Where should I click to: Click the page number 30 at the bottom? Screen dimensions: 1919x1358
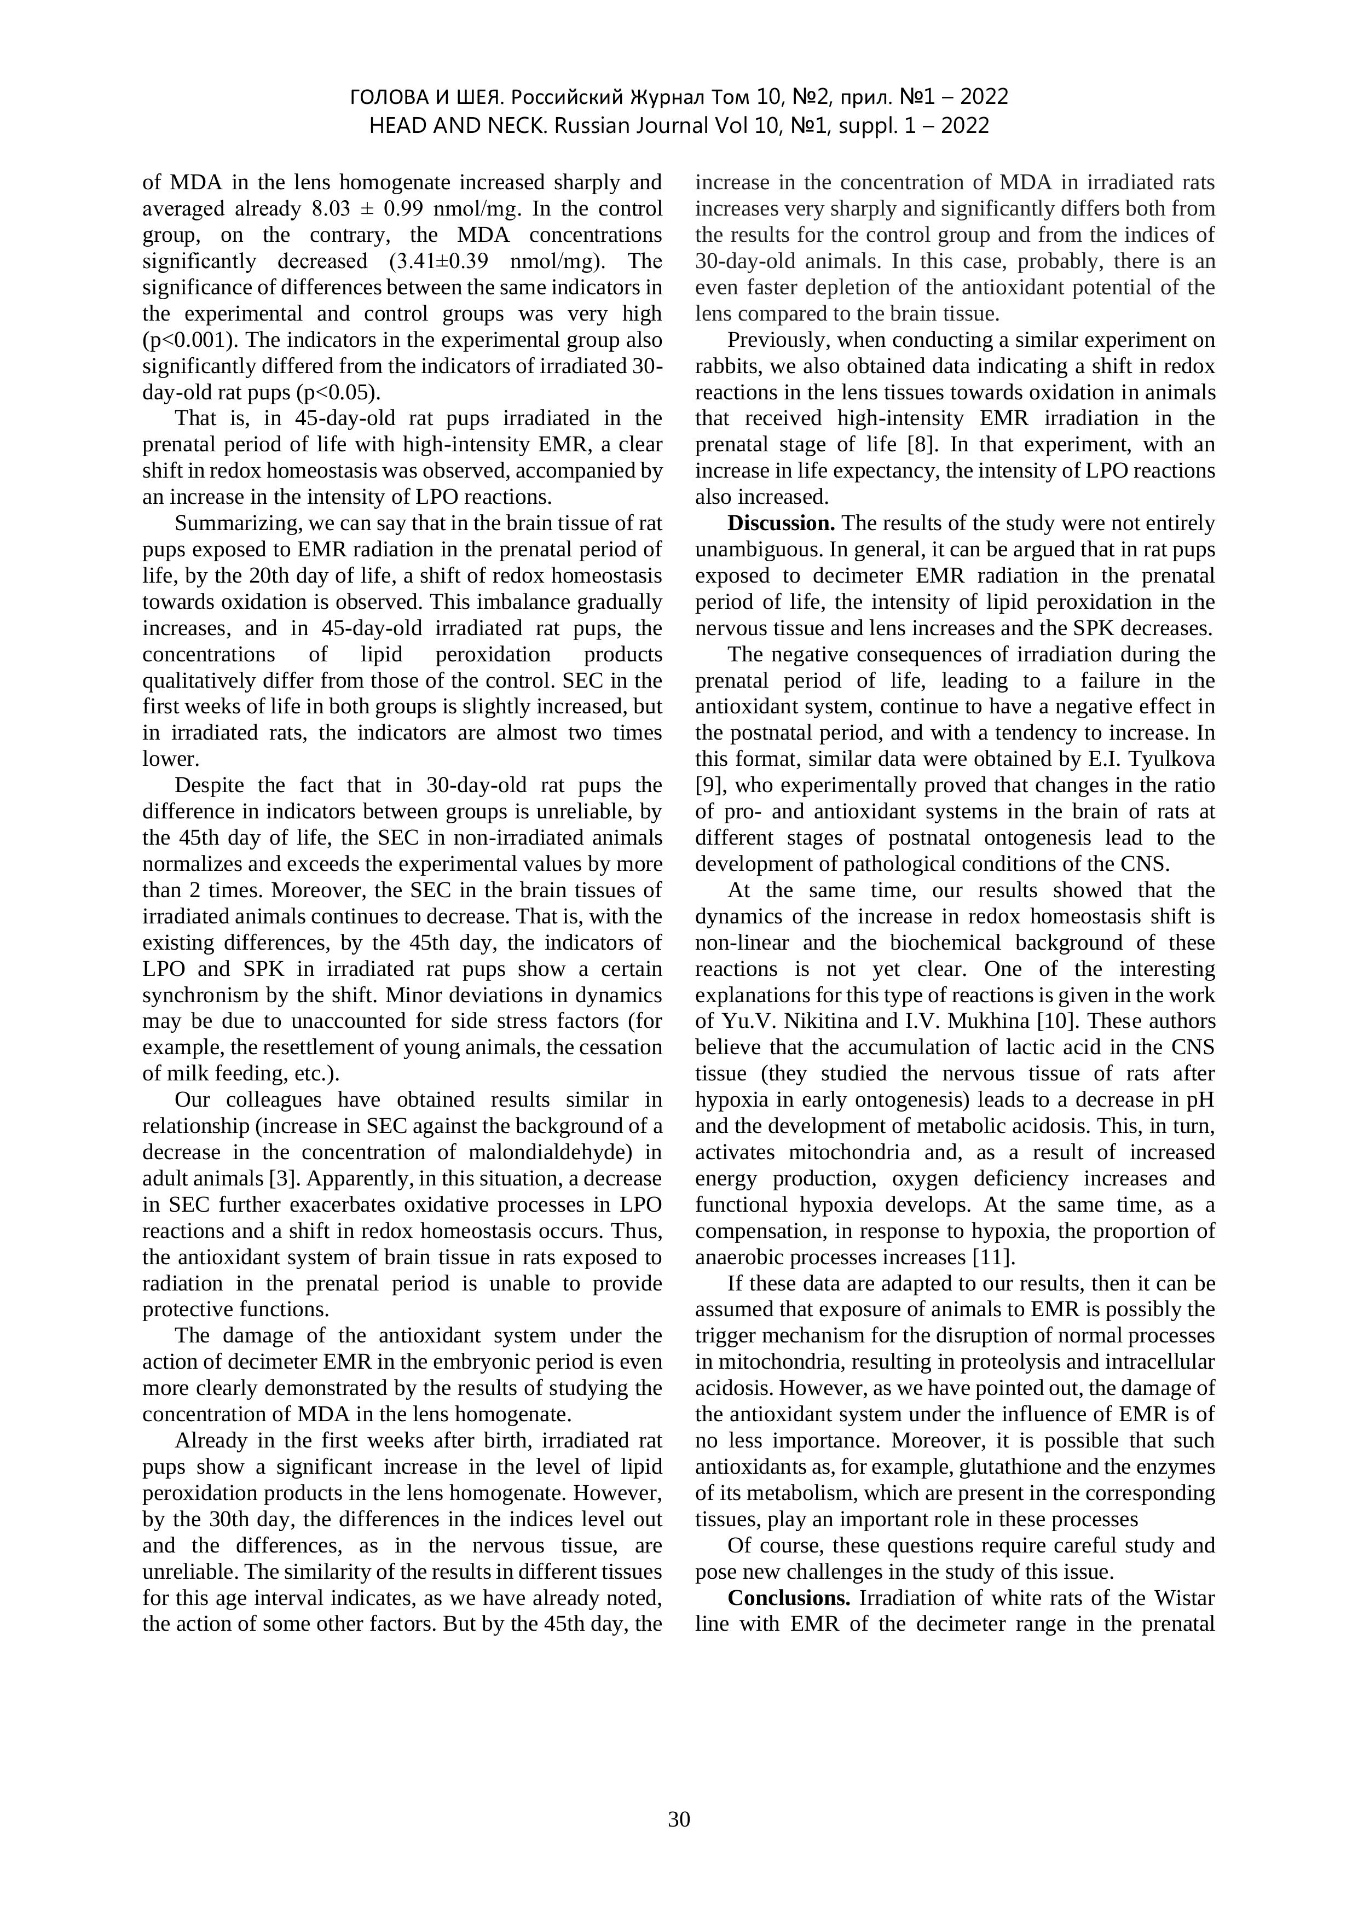(x=679, y=1819)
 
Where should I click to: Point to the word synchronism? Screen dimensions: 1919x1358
(x=198, y=996)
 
